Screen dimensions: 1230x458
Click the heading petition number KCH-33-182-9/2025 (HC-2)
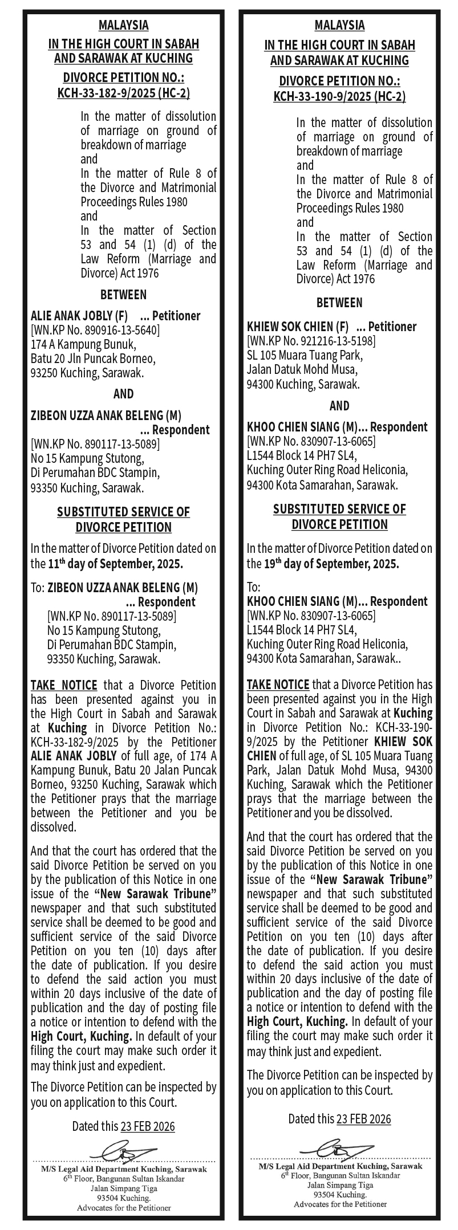123,93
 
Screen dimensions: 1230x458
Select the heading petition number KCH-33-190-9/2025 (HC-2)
339,96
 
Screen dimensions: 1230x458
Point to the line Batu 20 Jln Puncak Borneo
92,359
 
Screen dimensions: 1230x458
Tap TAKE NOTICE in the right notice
278,684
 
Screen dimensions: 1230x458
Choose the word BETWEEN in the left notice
123,295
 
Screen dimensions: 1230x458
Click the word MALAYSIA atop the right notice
339,25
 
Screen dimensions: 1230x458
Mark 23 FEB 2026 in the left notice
148,1127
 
